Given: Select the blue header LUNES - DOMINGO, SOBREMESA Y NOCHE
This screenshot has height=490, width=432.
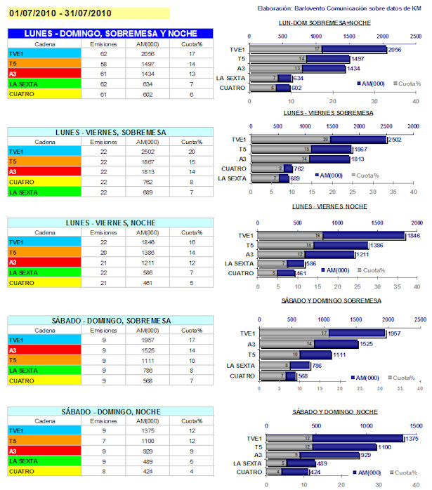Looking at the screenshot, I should tap(110, 34).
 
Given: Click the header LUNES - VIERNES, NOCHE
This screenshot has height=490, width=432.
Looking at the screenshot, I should tap(110, 223).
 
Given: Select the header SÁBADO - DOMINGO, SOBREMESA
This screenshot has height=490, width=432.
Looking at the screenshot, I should tap(110, 320).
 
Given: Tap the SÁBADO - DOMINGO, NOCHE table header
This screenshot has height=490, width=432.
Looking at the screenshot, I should tap(110, 411).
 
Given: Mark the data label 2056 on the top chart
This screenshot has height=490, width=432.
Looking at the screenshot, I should tap(395, 51).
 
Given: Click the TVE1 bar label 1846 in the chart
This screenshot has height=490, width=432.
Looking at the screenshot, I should tap(413, 235).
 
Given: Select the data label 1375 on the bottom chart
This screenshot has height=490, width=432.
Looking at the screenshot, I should tap(412, 437).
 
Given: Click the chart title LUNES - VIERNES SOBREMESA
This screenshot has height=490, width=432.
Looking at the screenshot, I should tap(328, 112).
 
